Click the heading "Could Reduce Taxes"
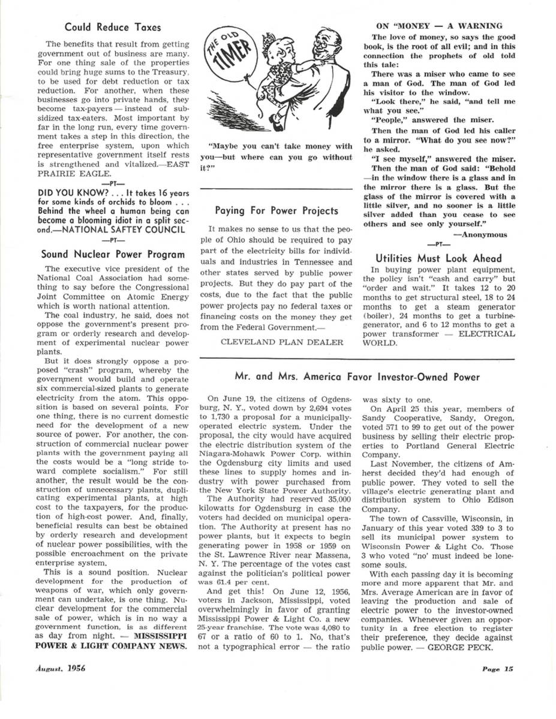click(113, 27)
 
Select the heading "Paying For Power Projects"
click(277, 210)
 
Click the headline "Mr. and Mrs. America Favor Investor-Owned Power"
click(357, 377)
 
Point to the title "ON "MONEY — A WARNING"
click(439, 26)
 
